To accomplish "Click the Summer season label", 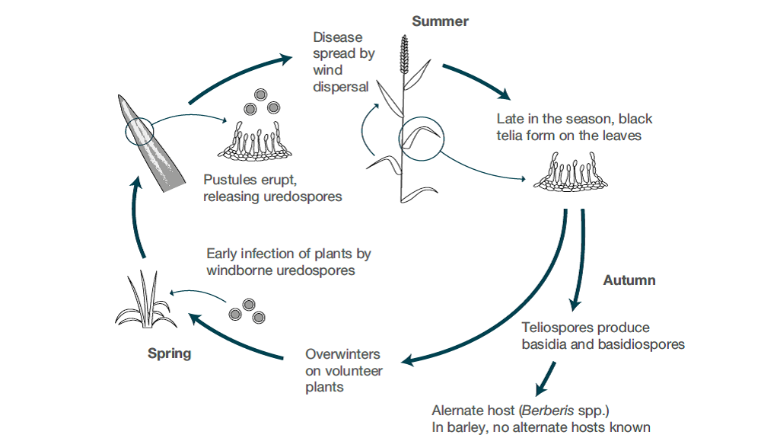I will coord(440,21).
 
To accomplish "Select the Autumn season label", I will coord(629,280).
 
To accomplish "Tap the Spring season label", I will coord(169,353).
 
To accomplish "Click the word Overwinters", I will coord(342,354).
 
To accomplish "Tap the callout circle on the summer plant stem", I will coord(419,137).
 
